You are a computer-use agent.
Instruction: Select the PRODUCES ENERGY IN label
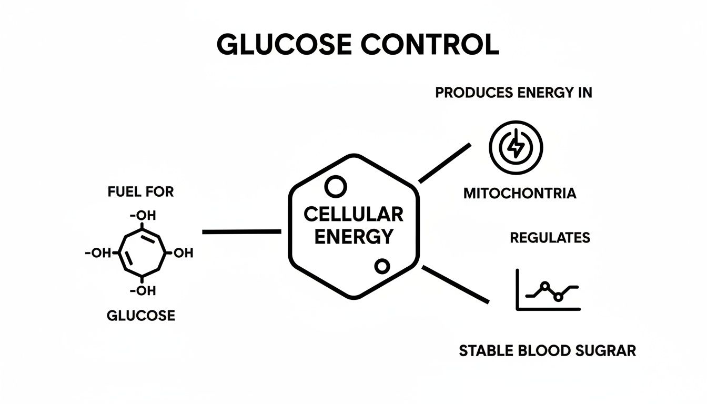tap(513, 93)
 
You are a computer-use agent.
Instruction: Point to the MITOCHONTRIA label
tap(520, 194)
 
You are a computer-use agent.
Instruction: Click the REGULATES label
tap(550, 238)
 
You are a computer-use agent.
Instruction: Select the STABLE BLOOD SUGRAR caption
tap(548, 350)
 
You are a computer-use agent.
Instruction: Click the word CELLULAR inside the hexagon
tap(353, 214)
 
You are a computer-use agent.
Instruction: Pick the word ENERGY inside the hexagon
tap(353, 237)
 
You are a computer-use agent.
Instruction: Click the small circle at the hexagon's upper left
tap(335, 186)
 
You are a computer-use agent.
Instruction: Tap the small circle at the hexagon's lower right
tap(382, 266)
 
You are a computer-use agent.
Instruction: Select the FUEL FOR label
tap(140, 192)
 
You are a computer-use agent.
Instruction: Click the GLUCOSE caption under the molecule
tap(140, 316)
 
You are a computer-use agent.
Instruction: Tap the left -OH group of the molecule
tap(98, 253)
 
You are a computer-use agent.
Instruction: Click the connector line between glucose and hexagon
tap(241, 231)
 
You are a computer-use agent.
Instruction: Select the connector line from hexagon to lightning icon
tap(445, 163)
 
